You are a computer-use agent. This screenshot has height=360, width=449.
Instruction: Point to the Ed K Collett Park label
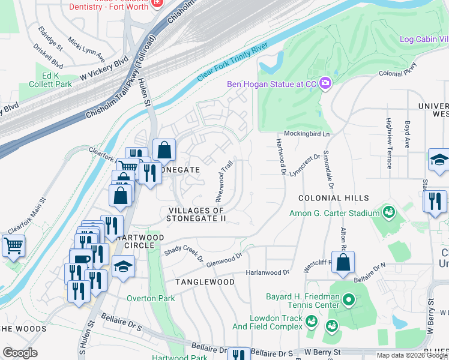point(49,80)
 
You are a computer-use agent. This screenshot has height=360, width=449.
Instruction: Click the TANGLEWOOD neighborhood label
point(205,281)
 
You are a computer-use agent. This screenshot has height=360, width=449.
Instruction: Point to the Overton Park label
point(151,298)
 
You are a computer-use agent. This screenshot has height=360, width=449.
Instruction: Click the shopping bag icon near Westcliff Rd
point(343,263)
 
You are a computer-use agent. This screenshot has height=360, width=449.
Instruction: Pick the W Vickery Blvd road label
point(104,70)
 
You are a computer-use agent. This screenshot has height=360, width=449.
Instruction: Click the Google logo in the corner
point(20,353)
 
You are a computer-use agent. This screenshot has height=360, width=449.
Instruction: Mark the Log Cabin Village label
point(424,40)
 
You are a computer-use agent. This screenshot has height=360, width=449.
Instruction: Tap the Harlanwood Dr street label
point(267,272)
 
